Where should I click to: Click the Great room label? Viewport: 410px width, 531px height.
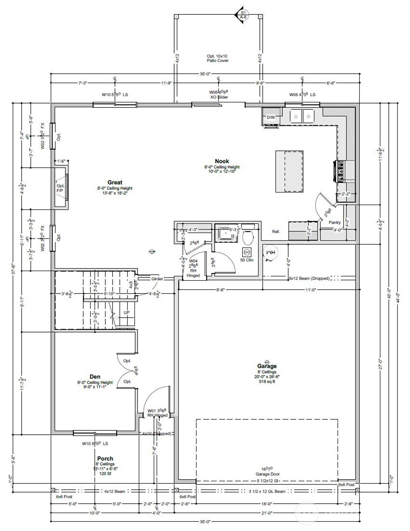115,182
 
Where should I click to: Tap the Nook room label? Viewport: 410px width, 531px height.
221,161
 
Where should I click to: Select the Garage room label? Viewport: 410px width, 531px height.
267,366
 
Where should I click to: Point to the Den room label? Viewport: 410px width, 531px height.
95,377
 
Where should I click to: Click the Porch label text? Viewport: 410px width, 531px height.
105,458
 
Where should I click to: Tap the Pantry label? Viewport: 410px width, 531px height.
334,223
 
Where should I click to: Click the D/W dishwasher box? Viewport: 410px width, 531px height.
271,118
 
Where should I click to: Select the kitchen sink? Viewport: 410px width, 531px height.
302,117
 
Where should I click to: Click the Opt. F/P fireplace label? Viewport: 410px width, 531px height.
60,188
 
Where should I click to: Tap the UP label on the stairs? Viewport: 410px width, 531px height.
127,312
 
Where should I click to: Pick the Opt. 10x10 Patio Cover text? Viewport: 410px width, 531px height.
217,59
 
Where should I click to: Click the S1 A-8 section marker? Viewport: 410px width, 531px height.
242,15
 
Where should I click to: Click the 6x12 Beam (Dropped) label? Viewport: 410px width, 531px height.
309,278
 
